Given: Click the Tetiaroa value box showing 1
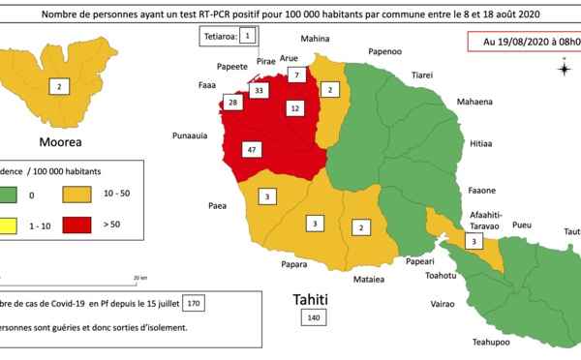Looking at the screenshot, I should [247, 36].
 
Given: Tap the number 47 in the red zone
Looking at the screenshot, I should [252, 150].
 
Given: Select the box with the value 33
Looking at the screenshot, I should [259, 91].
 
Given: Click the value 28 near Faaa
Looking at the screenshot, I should [232, 103].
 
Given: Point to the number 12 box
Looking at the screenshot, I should [294, 109].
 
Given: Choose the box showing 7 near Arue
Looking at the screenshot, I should [297, 75].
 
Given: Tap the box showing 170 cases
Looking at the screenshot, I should [194, 302].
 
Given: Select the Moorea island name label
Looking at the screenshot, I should [59, 140].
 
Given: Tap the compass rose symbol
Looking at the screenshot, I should [563, 67].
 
